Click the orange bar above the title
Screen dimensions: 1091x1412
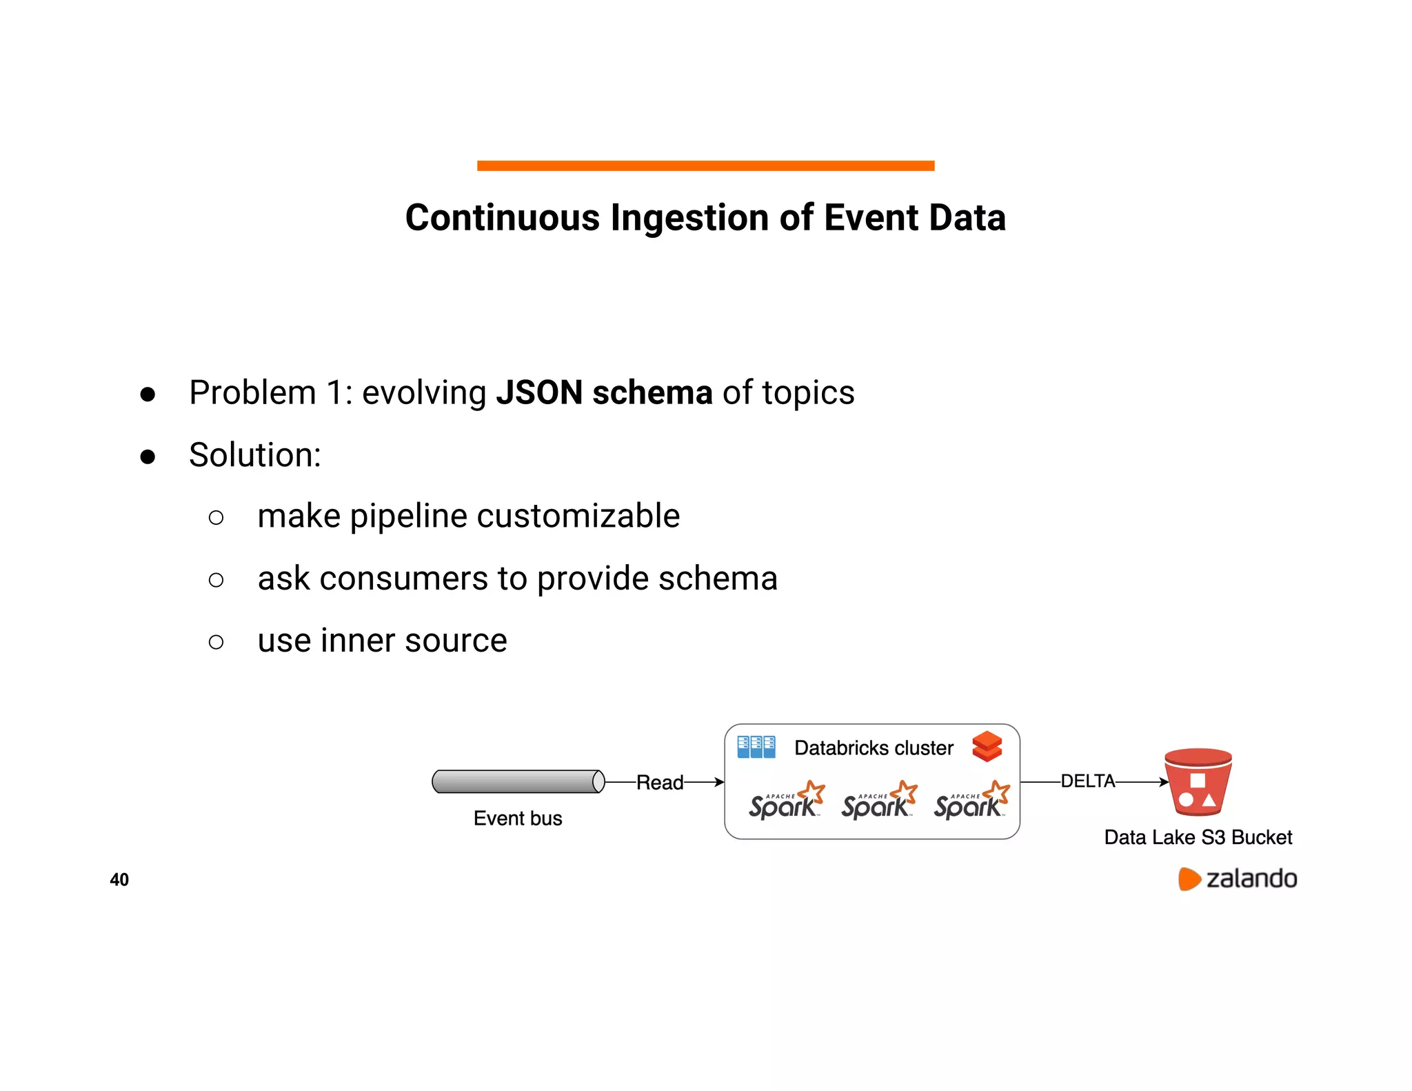[705, 166]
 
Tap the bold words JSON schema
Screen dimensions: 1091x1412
[604, 392]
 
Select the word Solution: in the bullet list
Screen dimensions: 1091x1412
[255, 455]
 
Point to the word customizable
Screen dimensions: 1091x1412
[578, 516]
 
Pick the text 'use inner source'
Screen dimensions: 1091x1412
[382, 640]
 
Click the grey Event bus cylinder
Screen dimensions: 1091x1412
[517, 781]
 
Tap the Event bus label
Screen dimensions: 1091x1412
[518, 819]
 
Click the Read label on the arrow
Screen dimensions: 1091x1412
[659, 782]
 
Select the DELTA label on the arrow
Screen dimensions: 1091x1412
[1087, 781]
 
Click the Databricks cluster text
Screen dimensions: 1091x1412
[874, 748]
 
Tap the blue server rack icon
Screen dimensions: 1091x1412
[756, 747]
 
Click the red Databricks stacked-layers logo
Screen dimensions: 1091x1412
[987, 746]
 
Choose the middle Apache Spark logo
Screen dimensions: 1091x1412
[878, 801]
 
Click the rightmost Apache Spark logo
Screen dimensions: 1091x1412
[971, 801]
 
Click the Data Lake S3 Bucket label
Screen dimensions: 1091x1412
[1198, 837]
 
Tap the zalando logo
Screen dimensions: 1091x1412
[1238, 879]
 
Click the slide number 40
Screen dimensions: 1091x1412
[119, 879]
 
